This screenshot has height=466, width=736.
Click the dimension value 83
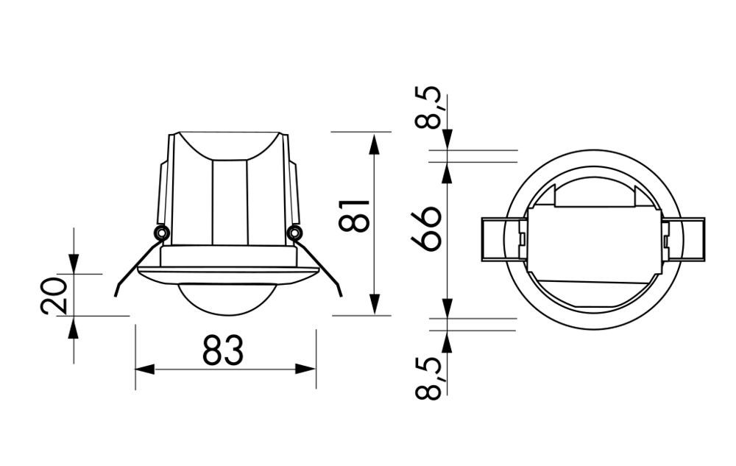(223, 350)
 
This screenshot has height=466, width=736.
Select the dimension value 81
(355, 216)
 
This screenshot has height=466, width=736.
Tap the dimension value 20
(54, 296)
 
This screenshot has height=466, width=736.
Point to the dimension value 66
(426, 229)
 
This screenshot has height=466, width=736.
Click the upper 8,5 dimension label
(428, 107)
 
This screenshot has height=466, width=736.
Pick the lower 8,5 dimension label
(428, 378)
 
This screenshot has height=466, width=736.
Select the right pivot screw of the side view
(295, 233)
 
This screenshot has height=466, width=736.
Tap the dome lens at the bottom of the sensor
(227, 299)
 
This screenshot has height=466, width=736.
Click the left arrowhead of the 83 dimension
(144, 370)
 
